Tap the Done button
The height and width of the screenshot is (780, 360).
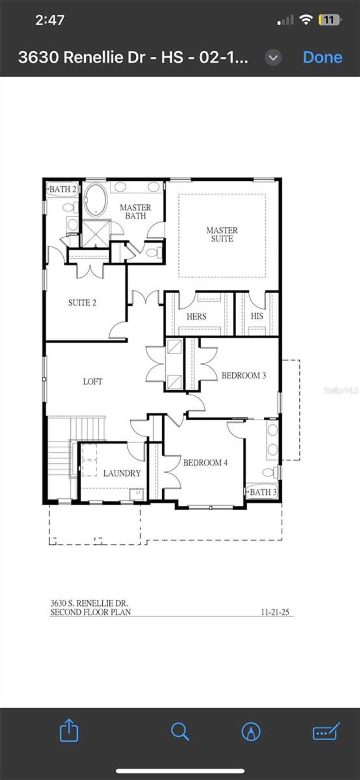click(x=322, y=57)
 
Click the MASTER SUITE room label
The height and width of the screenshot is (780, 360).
click(x=222, y=235)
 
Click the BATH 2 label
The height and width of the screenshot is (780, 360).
click(x=63, y=189)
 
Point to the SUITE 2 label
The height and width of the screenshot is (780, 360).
click(x=82, y=303)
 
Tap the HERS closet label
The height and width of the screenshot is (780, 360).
click(x=197, y=317)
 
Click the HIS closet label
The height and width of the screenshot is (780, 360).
click(x=257, y=316)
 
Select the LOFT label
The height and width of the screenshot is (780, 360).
click(x=92, y=382)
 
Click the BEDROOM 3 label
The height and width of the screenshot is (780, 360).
click(x=243, y=376)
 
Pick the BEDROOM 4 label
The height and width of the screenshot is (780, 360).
click(x=205, y=463)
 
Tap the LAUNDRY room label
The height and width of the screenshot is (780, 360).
click(x=122, y=473)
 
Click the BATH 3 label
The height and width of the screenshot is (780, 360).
click(x=263, y=492)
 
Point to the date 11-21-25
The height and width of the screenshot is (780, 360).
click(x=275, y=612)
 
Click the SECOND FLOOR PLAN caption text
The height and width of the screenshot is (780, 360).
click(x=90, y=612)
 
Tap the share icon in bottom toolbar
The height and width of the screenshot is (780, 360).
click(x=69, y=731)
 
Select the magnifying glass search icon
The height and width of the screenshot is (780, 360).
click(x=180, y=732)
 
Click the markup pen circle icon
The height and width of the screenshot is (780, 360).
click(x=251, y=732)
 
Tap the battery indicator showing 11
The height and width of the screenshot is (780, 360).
click(x=329, y=20)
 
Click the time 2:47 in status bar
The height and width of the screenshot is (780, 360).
click(x=50, y=20)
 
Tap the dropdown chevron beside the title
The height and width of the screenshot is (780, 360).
click(x=273, y=57)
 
